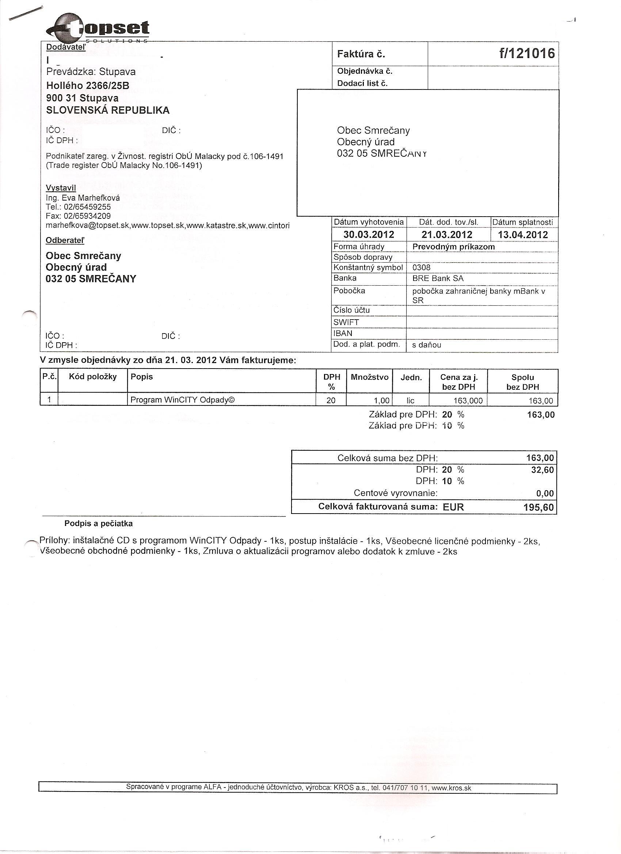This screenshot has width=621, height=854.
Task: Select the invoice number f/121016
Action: click(x=527, y=54)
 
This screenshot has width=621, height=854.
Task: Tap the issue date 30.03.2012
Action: click(x=369, y=235)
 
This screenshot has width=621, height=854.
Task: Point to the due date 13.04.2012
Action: click(x=523, y=235)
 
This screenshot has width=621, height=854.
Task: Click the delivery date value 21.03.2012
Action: click(x=447, y=235)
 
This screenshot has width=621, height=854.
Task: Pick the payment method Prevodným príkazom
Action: click(x=453, y=247)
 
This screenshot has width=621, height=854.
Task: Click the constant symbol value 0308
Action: click(x=422, y=268)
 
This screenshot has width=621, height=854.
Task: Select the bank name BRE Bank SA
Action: click(x=438, y=279)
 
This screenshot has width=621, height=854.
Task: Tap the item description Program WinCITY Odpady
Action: click(x=182, y=400)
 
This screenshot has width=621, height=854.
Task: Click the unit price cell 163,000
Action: click(x=468, y=401)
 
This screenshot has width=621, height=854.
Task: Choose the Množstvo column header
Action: click(x=369, y=377)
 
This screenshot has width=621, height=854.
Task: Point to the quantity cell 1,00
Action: click(x=380, y=400)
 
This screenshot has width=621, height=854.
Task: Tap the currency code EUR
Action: click(x=453, y=507)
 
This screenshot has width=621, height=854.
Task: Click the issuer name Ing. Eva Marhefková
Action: click(x=83, y=198)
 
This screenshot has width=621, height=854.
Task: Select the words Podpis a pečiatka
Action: click(x=99, y=523)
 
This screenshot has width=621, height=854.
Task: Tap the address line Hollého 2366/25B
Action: click(x=87, y=86)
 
